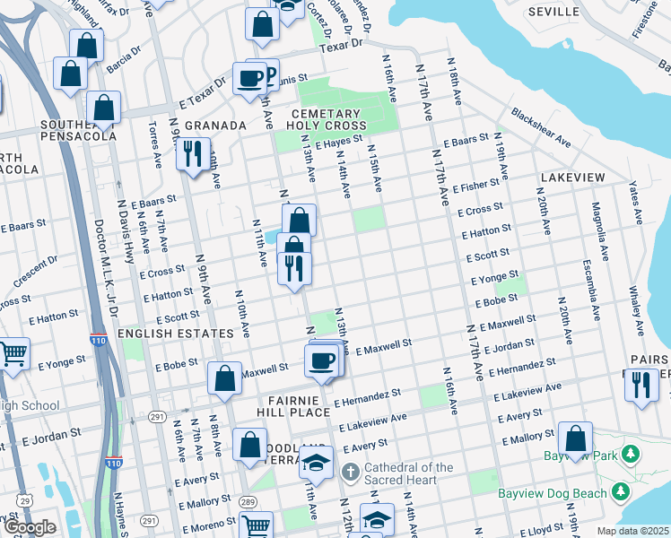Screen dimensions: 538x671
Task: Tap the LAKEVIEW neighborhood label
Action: point(573,178)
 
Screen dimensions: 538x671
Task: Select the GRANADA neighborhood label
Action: point(215,126)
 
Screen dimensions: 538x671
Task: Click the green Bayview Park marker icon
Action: point(632,456)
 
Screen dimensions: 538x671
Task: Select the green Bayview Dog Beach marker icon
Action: point(618,491)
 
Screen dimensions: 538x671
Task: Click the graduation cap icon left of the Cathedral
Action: point(316,463)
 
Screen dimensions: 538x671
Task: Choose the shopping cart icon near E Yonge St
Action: point(13,355)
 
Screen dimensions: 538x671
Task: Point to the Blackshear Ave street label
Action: point(541,128)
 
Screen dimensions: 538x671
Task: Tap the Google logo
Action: point(30,528)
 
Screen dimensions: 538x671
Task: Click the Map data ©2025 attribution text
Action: point(632,531)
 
